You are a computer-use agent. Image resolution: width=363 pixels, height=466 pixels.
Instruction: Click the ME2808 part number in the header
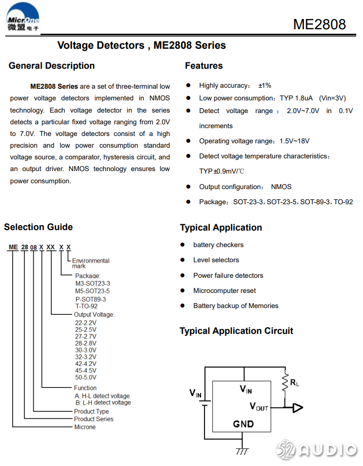(319, 24)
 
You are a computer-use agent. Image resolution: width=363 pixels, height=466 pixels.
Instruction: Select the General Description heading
(52, 66)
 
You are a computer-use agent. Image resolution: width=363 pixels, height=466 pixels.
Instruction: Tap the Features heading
(203, 66)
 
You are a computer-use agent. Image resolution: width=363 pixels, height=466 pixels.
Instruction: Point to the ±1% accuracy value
(264, 86)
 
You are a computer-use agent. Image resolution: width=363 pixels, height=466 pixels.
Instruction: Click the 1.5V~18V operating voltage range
(294, 141)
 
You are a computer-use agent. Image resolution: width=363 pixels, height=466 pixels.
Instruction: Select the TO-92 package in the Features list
(343, 202)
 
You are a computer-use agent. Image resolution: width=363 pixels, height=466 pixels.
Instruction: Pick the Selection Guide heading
(39, 227)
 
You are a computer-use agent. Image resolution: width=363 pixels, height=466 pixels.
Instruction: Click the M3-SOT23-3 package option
(92, 284)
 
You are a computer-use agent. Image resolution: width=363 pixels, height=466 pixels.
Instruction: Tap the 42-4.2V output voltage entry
(85, 364)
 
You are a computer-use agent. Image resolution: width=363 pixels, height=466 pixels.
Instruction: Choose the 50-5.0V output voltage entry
(85, 377)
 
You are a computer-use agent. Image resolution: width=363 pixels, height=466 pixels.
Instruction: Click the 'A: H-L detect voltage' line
(102, 396)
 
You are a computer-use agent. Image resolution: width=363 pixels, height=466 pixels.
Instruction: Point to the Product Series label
(94, 419)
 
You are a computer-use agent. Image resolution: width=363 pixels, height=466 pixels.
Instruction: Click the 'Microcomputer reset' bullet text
(224, 291)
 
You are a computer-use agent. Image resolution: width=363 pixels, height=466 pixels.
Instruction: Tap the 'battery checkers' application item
(218, 245)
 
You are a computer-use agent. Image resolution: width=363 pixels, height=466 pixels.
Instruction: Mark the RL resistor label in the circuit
(294, 383)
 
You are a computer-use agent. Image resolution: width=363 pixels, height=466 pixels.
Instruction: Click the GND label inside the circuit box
(243, 424)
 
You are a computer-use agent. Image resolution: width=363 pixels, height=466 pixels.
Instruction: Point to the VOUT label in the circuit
(259, 407)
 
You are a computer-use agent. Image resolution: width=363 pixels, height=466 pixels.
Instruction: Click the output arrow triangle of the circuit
(297, 408)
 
